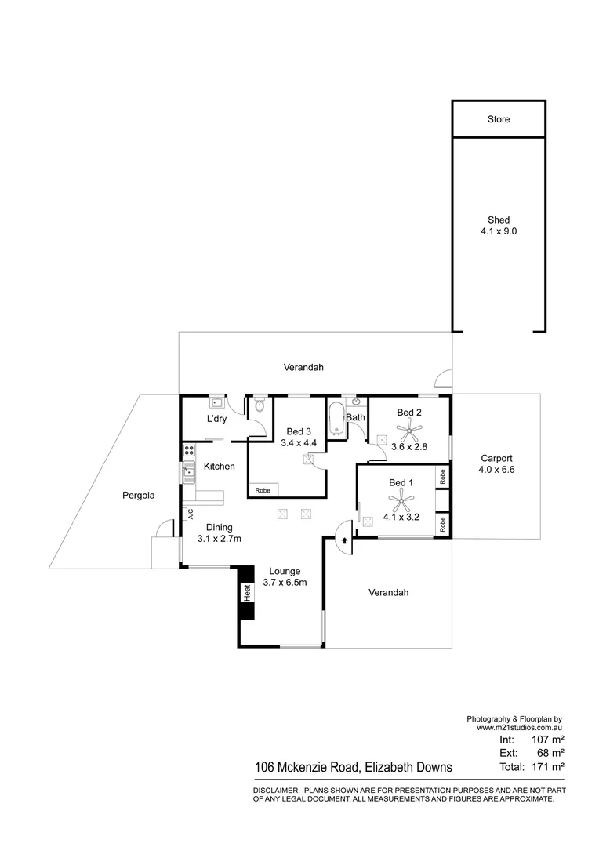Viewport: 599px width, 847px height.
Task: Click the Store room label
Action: tap(499, 119)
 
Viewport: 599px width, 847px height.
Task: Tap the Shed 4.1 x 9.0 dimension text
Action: tap(499, 232)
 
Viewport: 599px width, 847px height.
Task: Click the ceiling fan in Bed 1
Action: tap(402, 496)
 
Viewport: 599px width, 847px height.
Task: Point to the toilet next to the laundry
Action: tap(260, 405)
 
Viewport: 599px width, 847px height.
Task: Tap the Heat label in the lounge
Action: tap(246, 594)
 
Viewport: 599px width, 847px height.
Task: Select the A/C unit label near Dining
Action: tap(190, 514)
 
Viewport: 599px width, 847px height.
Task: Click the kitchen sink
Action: tap(188, 471)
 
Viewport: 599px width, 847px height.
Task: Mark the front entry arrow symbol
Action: tap(343, 540)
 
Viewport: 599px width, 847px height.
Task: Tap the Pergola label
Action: tap(138, 496)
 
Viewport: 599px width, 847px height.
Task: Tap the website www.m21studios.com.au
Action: tap(520, 728)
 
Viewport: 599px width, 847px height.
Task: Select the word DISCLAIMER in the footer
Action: tap(276, 790)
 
